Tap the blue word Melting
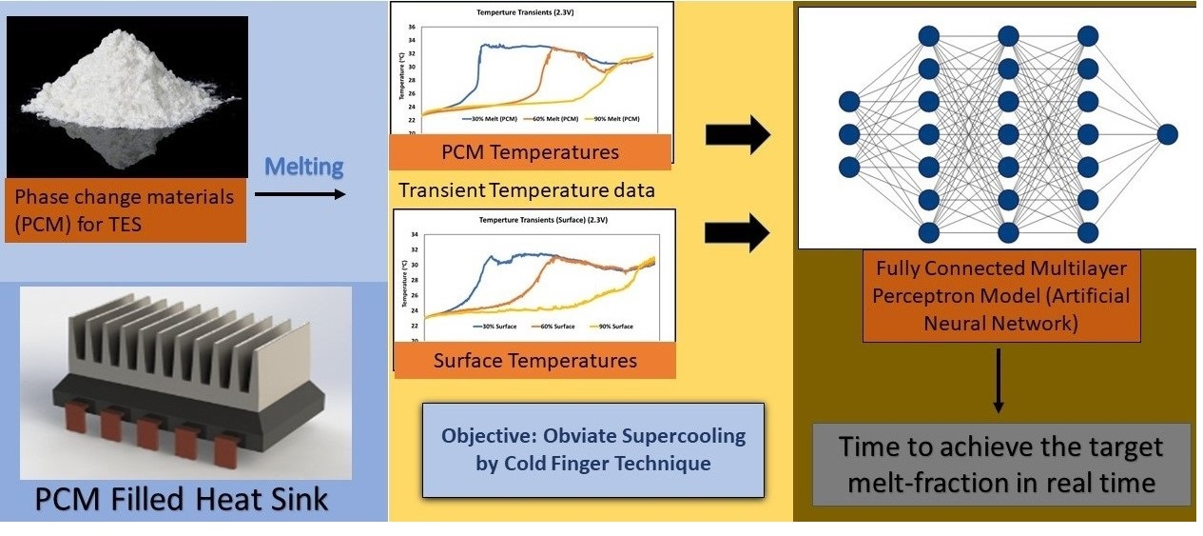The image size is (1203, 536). pos(302,167)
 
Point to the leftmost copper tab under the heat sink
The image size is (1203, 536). pos(111,427)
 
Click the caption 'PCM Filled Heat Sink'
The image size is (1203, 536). pos(181,498)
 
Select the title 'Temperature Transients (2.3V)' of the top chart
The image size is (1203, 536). pos(531,13)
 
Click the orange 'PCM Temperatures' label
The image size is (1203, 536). pos(530,151)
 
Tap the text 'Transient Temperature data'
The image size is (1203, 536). pos(527,189)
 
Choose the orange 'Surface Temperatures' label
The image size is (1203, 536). pos(534,361)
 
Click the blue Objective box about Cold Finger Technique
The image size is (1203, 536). pos(592,450)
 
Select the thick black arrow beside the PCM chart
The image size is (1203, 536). pos(737,137)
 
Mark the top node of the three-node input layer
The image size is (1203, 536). pos(849,101)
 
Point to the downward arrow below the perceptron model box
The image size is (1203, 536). pos(999,381)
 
